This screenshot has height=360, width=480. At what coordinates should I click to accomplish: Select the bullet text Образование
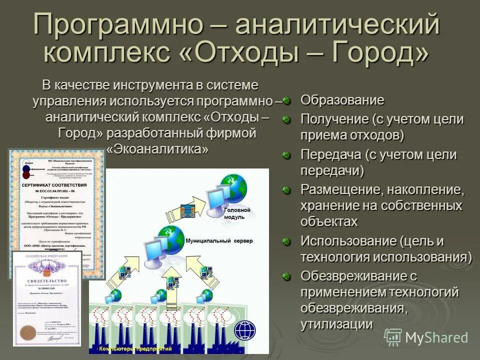tap(342, 100)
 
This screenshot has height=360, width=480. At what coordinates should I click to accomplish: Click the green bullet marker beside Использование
tap(286, 242)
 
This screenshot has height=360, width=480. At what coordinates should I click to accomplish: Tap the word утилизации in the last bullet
tap(336, 324)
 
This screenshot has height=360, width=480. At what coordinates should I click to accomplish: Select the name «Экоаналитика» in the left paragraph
tap(157, 149)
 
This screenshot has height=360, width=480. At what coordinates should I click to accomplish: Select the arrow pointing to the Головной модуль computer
tap(199, 205)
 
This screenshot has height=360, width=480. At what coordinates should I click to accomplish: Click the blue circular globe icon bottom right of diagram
tap(244, 330)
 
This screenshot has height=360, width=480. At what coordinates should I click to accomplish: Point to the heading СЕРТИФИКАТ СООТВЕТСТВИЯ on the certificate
tap(54, 185)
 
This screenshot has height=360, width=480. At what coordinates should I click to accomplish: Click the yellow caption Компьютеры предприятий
tap(135, 348)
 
